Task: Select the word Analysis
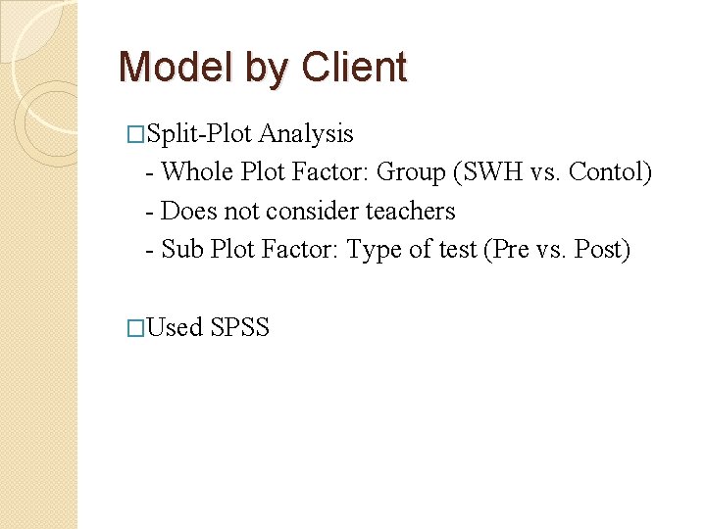click(x=306, y=132)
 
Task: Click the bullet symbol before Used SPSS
click(x=137, y=328)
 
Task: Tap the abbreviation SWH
click(x=487, y=171)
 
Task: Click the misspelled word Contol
click(x=609, y=171)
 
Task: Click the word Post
click(x=600, y=250)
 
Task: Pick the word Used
click(x=175, y=328)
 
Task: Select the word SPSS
click(x=240, y=328)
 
